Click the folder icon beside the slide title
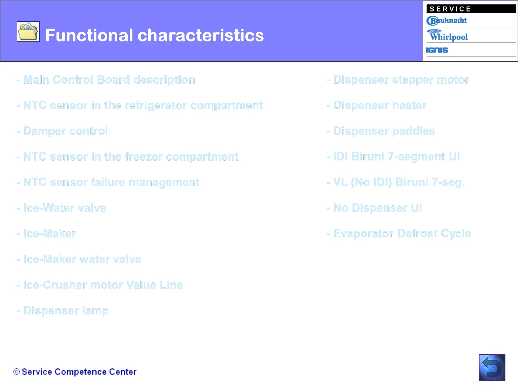(28, 31)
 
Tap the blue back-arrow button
(492, 367)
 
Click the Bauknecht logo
(446, 21)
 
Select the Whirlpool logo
(447, 35)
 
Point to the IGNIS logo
(437, 50)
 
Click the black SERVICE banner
(471, 9)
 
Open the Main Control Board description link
(106, 80)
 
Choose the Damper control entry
(62, 131)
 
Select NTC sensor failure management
(108, 182)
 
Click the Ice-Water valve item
(62, 208)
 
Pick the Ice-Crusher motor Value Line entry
(100, 285)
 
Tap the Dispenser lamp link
(63, 311)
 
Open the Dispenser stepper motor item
(398, 80)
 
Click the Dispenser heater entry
(377, 105)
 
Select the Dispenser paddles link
(381, 131)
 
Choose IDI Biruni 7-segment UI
(393, 157)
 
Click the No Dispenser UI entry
(374, 208)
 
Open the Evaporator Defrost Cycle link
(399, 234)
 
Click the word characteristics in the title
(201, 35)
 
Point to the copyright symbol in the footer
(17, 372)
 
